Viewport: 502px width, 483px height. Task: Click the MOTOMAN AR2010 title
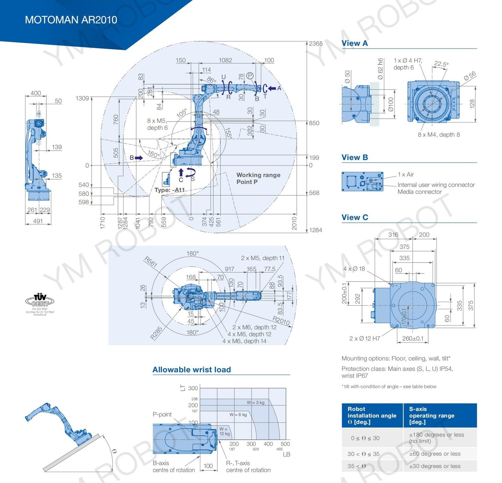coord(71,20)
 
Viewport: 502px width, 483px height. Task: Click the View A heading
coord(355,43)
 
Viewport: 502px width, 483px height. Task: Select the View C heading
coord(355,217)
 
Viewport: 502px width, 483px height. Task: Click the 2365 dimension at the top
coord(316,44)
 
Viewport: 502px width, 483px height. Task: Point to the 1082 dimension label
coord(225,60)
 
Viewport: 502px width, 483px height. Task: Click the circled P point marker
coord(250,76)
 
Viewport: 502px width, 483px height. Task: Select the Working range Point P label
coord(258,178)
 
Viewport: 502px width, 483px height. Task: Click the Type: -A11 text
coord(169,190)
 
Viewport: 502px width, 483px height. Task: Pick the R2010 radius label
coord(281,321)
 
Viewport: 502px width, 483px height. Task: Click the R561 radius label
coord(151,262)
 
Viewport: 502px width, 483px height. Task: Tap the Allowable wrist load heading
coord(191,370)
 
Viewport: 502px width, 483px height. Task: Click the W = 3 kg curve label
coord(255,402)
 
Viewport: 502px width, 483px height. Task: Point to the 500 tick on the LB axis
coord(285,444)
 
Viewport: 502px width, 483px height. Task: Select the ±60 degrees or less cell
coord(435,454)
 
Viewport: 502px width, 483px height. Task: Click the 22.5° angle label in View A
coord(441,64)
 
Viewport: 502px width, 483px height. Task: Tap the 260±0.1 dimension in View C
coord(413,338)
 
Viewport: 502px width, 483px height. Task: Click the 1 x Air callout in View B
coord(406,174)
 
